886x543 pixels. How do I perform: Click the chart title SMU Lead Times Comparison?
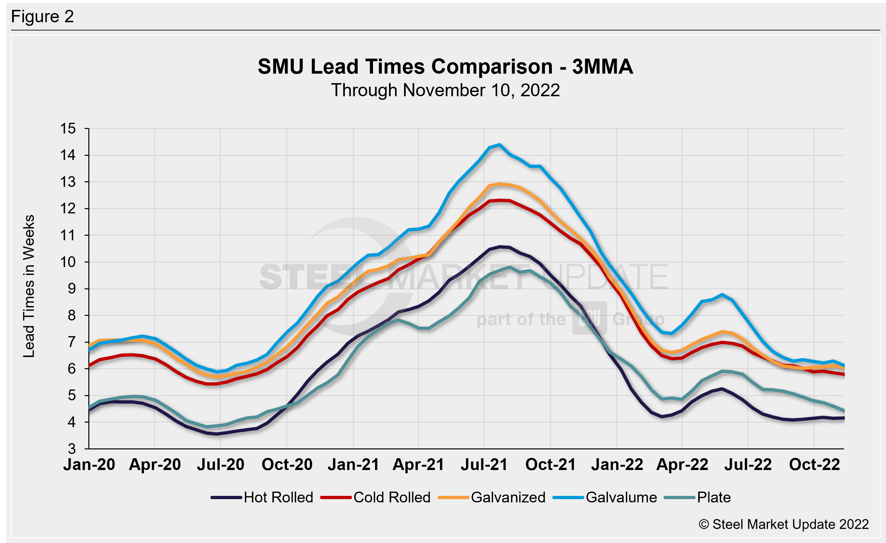(445, 66)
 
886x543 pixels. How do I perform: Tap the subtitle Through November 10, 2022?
(445, 90)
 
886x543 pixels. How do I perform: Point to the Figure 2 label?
(43, 17)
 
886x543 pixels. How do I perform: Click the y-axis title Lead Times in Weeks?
(29, 286)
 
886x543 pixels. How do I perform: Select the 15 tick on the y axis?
(68, 128)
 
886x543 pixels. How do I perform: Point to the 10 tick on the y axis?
(68, 262)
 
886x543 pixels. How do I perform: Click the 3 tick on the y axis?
(72, 449)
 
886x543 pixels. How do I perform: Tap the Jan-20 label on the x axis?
(89, 464)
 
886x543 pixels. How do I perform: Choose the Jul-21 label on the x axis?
(484, 464)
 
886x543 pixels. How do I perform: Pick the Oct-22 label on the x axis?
(814, 464)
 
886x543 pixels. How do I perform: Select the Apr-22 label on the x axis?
(682, 464)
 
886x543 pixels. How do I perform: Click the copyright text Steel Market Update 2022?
(784, 524)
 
